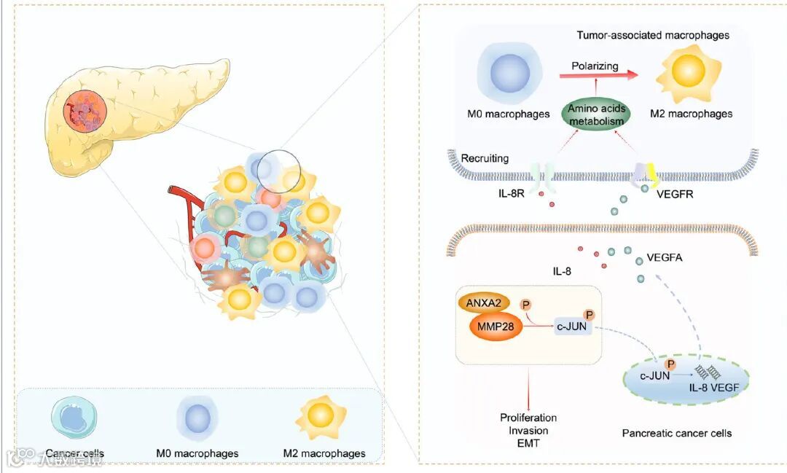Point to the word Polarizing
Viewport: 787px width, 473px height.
595,66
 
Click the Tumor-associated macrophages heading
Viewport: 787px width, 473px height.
653,35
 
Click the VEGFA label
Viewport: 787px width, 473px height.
664,257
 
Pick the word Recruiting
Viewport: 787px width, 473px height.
485,158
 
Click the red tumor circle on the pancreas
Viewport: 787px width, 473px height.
85,112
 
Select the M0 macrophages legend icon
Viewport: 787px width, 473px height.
197,421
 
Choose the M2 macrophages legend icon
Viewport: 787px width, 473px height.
322,418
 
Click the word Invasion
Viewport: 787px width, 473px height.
528,431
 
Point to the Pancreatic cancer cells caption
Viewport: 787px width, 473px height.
677,433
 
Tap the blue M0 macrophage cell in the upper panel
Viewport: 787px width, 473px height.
508,75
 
